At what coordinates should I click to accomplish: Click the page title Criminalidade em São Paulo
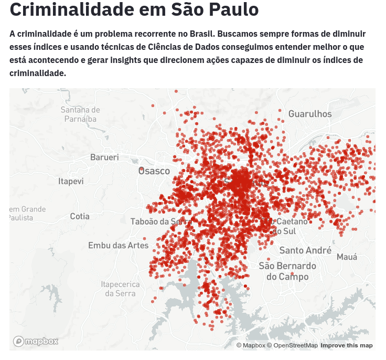click(x=134, y=9)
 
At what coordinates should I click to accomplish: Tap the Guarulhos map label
click(x=310, y=114)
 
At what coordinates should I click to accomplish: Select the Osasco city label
click(x=154, y=171)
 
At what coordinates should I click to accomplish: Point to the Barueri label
click(x=104, y=157)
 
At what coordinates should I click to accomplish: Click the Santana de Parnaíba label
click(x=80, y=114)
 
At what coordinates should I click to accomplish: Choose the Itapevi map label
click(x=71, y=181)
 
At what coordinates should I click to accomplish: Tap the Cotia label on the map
click(x=80, y=216)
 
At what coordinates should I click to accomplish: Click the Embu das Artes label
click(x=118, y=245)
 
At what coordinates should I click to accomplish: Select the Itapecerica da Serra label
click(x=120, y=289)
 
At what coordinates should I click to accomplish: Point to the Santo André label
click(x=305, y=250)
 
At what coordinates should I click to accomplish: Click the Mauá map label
click(x=347, y=257)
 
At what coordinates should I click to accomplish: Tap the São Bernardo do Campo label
click(x=287, y=271)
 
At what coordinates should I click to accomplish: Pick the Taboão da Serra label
click(x=157, y=221)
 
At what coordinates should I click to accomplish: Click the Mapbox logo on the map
click(x=36, y=342)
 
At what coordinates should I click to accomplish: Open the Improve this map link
click(x=347, y=345)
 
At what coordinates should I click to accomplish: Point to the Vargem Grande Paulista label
click(x=27, y=213)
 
